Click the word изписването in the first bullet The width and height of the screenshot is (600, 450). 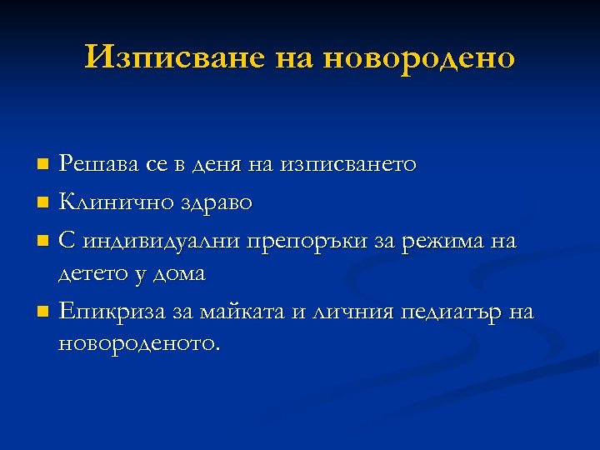coord(348,164)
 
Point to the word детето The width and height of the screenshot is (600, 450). coord(92,273)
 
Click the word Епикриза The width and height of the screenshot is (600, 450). coord(102,312)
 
